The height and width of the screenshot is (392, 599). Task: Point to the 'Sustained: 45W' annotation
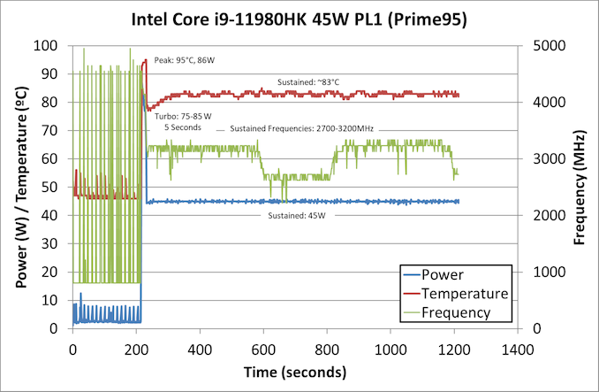pos(297,215)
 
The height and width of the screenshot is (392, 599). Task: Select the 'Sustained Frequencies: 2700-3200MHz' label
pos(302,128)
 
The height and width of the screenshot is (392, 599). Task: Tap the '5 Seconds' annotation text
pos(183,128)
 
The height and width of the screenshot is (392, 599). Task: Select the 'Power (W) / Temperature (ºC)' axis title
pos(19,187)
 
